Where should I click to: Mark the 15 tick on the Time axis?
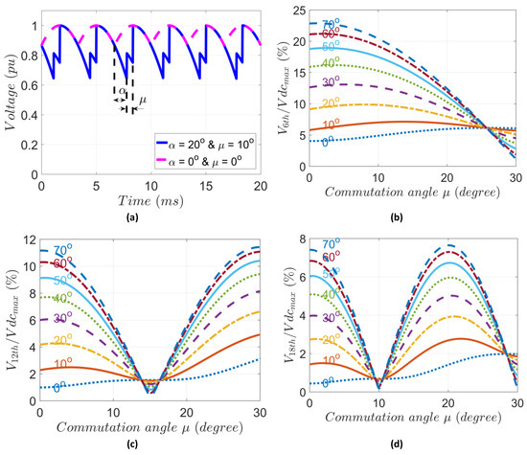pos(181,189)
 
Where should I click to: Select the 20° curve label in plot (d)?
pos(331,340)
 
